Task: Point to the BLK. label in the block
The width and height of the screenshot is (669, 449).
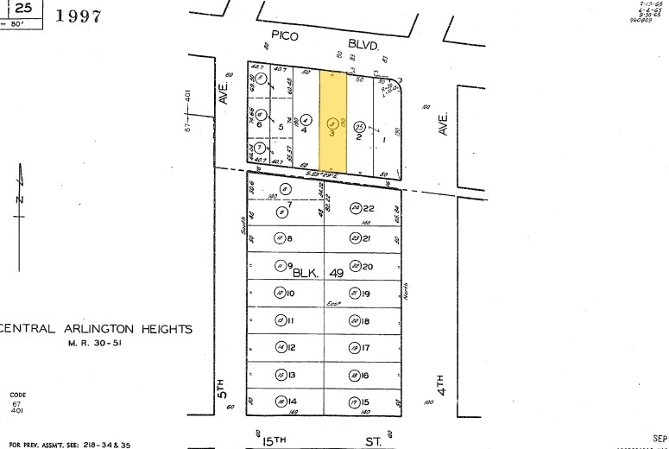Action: click(x=306, y=272)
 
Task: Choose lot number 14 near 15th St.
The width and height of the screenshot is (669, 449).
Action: click(x=291, y=402)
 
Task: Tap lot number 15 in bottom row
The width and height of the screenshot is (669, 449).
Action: click(x=366, y=402)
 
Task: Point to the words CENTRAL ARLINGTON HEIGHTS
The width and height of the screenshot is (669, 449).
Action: click(x=97, y=329)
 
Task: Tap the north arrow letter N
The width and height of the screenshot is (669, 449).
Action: click(x=19, y=200)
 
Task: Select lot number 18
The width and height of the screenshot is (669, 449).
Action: click(x=366, y=321)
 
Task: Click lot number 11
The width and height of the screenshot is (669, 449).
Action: click(x=291, y=321)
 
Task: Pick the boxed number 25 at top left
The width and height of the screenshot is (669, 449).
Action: click(x=26, y=8)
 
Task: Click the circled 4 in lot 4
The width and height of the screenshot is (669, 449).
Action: click(x=293, y=120)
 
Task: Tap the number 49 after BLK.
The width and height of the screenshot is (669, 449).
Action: click(x=337, y=272)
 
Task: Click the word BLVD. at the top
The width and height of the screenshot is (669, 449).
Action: click(x=363, y=41)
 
